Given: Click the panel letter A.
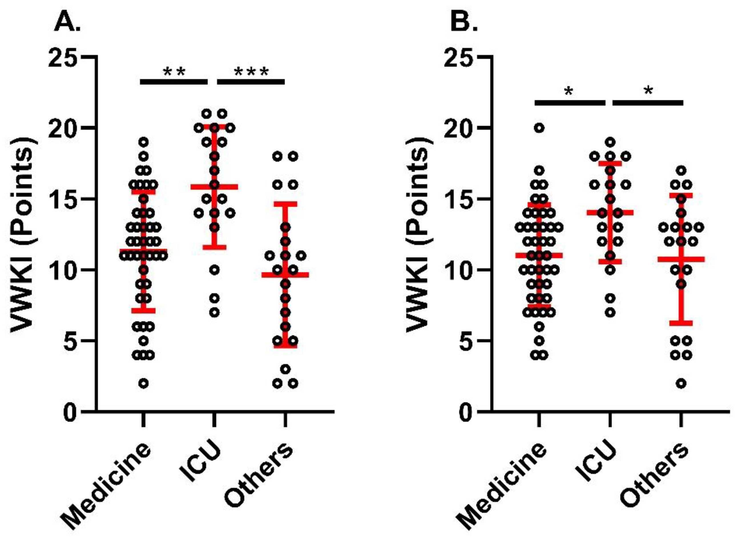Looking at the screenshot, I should [x=67, y=22].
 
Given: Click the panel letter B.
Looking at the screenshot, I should [x=463, y=22].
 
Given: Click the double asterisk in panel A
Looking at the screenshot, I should [x=174, y=72].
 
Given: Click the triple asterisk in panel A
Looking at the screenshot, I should [x=251, y=72].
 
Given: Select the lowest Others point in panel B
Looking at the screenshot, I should [x=681, y=383].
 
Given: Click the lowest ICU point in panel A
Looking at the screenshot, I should [x=214, y=312].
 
